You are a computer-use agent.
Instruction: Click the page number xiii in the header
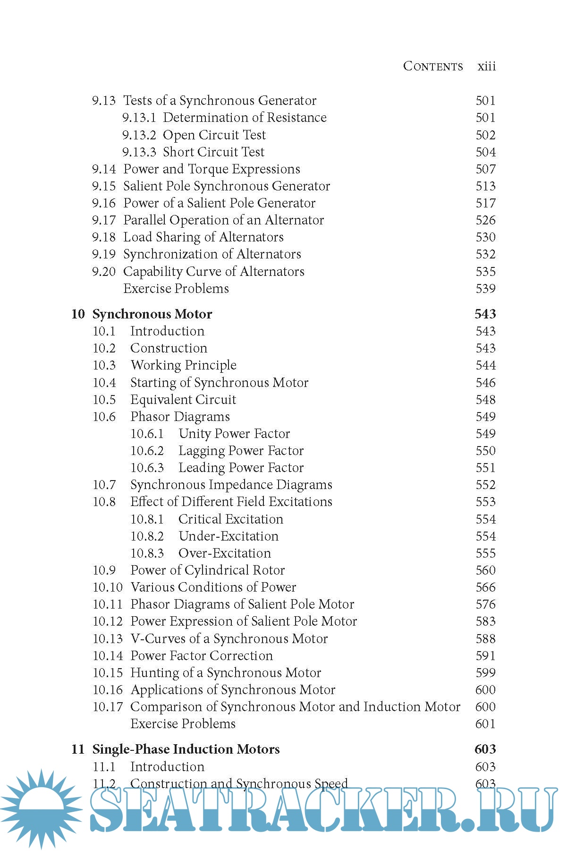point(486,66)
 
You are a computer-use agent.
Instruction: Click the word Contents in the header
point(433,66)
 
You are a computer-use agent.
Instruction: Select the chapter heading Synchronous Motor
point(152,314)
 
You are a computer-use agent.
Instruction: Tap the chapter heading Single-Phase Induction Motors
point(186,749)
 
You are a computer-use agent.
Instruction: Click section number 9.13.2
point(139,135)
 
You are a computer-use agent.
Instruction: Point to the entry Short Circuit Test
point(213,152)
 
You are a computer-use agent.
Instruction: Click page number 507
point(485,169)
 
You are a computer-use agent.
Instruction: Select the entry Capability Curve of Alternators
point(213,272)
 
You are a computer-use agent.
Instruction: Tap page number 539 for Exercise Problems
point(485,289)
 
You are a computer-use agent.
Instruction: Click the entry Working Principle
point(183,365)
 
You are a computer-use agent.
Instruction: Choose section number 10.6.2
point(147,451)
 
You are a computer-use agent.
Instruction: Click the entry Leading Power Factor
point(241,468)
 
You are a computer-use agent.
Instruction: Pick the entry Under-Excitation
point(228,536)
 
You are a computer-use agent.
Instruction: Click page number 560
point(485,570)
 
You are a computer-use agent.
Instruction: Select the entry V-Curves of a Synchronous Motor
point(229,639)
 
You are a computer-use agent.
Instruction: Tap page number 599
point(485,673)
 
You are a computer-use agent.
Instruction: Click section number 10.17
point(107,707)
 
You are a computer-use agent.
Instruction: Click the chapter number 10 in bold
point(78,314)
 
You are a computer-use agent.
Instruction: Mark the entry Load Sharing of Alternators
point(203,237)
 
